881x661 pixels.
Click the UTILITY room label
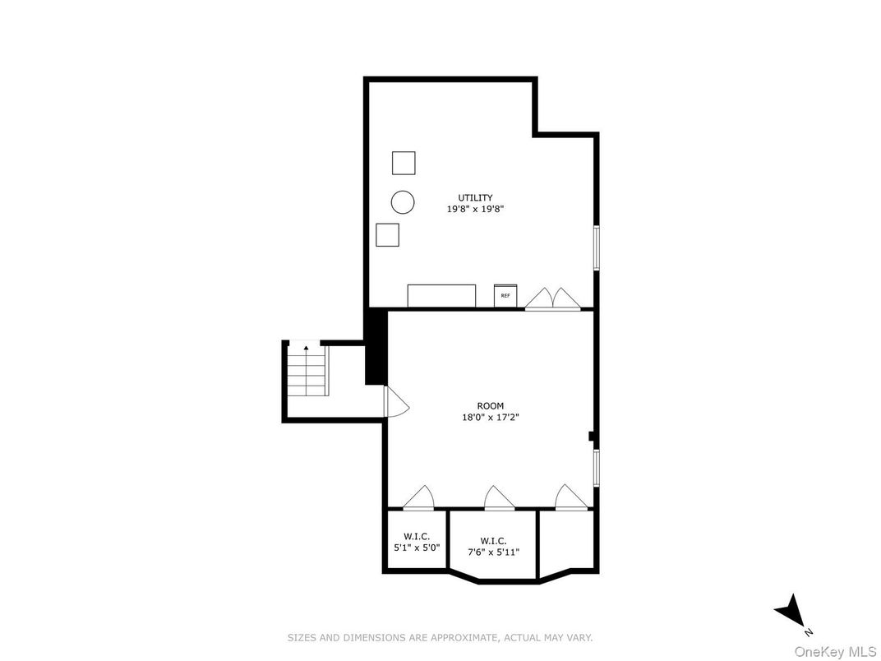point(475,197)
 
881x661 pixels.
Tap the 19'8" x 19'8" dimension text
point(475,210)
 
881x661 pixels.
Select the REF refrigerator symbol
point(505,295)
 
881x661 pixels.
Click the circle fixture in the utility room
point(403,201)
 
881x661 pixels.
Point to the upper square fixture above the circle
point(404,163)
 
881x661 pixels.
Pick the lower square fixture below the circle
point(387,234)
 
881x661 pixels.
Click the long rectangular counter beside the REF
point(441,295)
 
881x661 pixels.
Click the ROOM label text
point(490,405)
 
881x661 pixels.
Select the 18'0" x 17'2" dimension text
point(490,418)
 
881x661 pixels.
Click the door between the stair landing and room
point(395,402)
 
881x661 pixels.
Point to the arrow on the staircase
point(307,349)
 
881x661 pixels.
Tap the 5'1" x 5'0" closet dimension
point(417,547)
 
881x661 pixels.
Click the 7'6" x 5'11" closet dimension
point(493,552)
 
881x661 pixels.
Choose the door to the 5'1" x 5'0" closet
point(419,499)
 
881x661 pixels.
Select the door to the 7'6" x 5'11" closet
point(499,499)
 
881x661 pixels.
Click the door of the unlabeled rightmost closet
point(570,499)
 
